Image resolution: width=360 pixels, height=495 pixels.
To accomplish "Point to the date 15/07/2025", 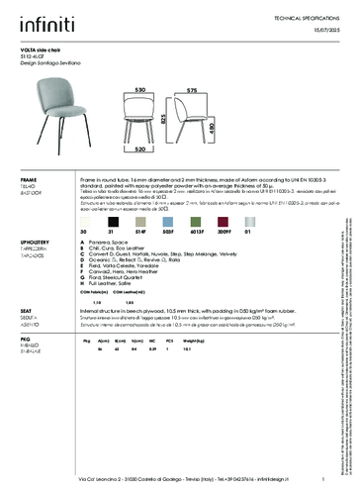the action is pos(321,32).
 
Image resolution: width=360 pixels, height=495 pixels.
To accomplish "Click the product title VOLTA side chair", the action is pos(43,48).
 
